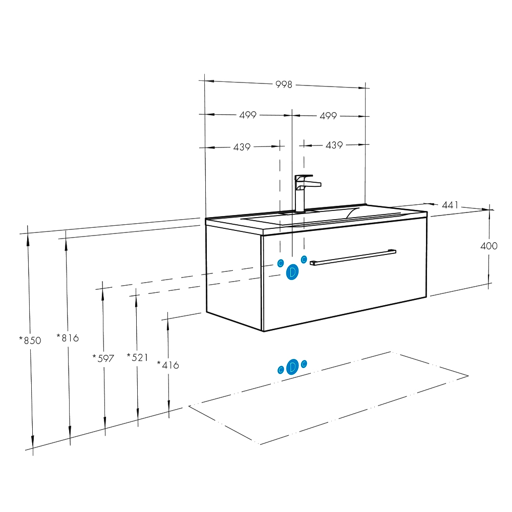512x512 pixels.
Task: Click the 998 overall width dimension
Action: click(284, 84)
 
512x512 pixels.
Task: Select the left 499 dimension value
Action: click(248, 115)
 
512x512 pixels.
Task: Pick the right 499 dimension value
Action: click(328, 116)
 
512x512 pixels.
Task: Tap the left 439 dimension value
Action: click(242, 147)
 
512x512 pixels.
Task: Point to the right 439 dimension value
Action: click(334, 145)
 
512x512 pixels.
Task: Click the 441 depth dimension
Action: click(450, 205)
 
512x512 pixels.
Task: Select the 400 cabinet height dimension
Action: click(489, 246)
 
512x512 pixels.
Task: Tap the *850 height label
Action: click(30, 340)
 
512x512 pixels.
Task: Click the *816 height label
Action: click(68, 337)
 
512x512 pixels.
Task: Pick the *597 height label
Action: click(103, 358)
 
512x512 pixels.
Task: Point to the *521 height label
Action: click(137, 357)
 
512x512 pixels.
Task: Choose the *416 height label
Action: click(168, 365)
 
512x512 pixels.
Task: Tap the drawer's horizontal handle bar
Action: click(353, 258)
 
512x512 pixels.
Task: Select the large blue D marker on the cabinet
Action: click(292, 272)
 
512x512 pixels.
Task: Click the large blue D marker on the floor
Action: click(292, 367)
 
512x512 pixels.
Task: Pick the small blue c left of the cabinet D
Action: click(281, 263)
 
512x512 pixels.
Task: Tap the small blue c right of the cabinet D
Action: click(304, 259)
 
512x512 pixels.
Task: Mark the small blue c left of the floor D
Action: click(281, 370)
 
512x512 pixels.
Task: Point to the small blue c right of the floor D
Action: click(304, 364)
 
